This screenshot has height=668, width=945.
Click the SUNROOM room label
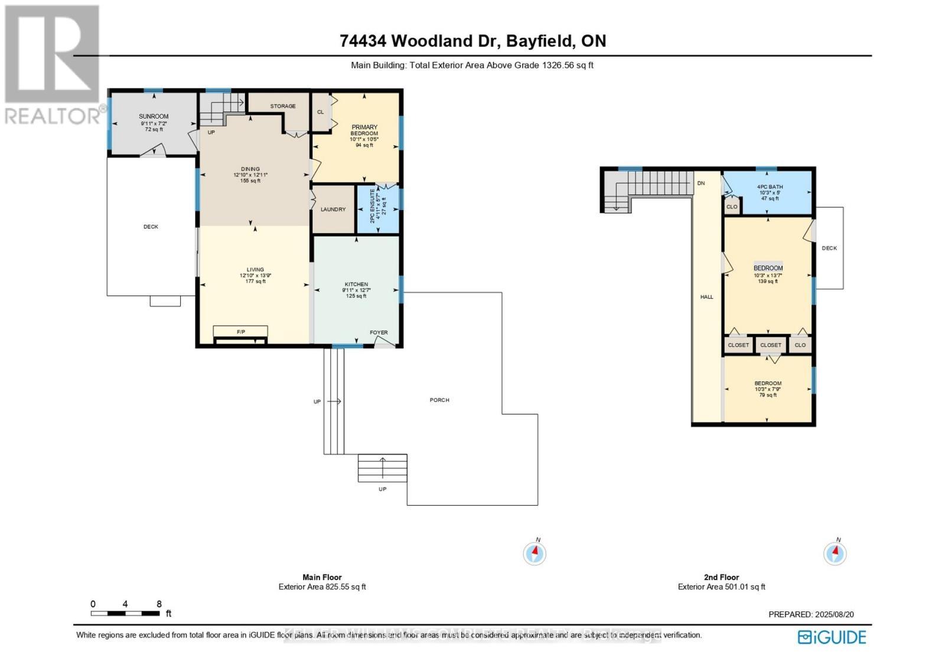coord(154,117)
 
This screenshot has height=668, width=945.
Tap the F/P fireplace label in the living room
coord(241,332)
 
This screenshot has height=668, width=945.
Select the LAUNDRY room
coord(333,209)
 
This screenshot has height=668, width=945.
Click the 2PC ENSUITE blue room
coord(377,209)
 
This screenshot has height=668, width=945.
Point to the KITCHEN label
coord(356,284)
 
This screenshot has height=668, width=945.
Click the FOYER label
coord(379,333)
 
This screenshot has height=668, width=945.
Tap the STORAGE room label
coord(283,106)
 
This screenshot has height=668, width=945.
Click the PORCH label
coord(439,400)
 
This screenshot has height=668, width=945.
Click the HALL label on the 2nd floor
coord(706,297)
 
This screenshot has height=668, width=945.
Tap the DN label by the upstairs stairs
coord(701,184)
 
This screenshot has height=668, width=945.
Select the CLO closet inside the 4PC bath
coord(732,207)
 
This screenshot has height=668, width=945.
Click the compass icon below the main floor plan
coord(535,554)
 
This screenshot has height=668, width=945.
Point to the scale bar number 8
coord(159,604)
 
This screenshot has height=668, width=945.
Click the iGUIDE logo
coord(832,637)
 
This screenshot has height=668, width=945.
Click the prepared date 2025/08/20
coord(834,614)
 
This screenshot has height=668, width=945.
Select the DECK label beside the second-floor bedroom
coord(829,248)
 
